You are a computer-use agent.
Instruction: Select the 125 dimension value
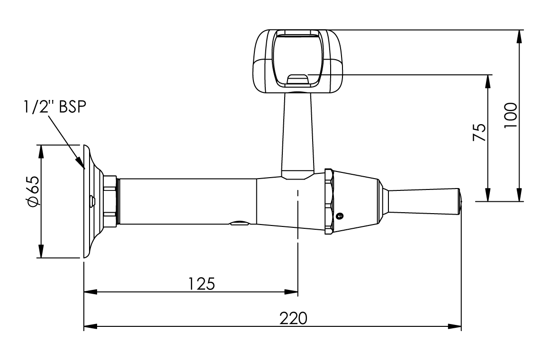pos(202,283)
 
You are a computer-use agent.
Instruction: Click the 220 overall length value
pos(293,317)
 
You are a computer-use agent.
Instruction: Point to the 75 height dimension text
pos(480,133)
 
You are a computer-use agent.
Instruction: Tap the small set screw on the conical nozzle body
pos(339,216)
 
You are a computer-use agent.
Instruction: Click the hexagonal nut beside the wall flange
pos(110,201)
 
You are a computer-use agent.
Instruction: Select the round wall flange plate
pos(92,201)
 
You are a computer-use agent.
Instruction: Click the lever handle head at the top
pos(298,61)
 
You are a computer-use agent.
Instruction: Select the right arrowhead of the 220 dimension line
pos(456,326)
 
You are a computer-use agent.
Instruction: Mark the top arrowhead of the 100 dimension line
pos(520,36)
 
